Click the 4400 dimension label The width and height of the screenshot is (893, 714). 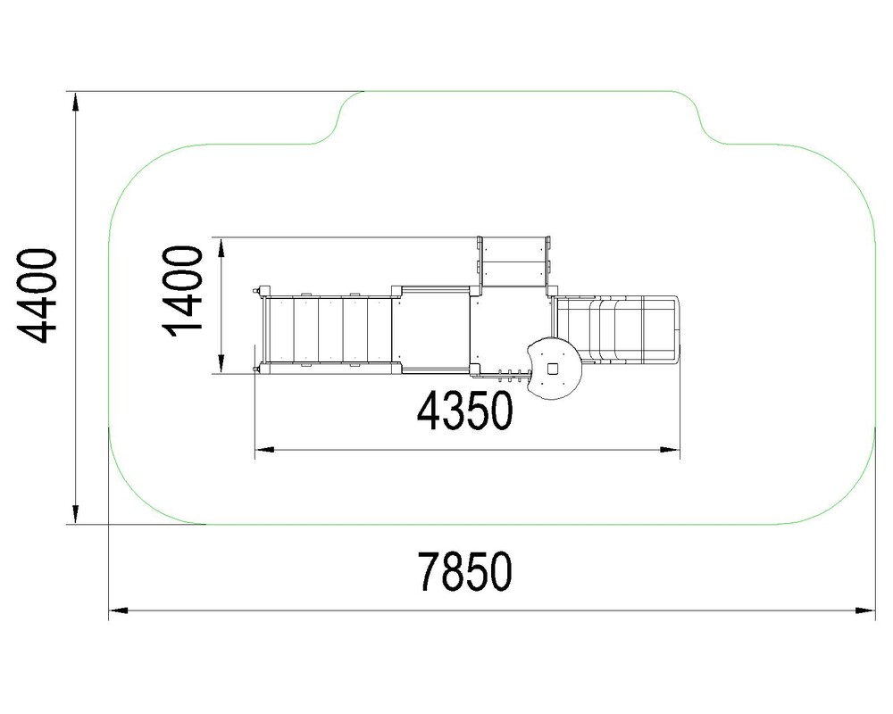(x=37, y=296)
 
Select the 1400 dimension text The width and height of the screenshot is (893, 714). (x=183, y=291)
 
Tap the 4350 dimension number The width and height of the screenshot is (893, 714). (x=464, y=411)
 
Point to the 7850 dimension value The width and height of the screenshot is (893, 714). (x=464, y=571)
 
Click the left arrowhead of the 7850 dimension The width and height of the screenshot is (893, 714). (x=117, y=611)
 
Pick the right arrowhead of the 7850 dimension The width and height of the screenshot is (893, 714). (x=867, y=611)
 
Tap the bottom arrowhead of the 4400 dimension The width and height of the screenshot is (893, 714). (x=75, y=514)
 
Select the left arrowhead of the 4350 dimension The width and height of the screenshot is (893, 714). (x=263, y=450)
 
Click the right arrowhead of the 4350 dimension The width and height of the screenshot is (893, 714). (x=671, y=450)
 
